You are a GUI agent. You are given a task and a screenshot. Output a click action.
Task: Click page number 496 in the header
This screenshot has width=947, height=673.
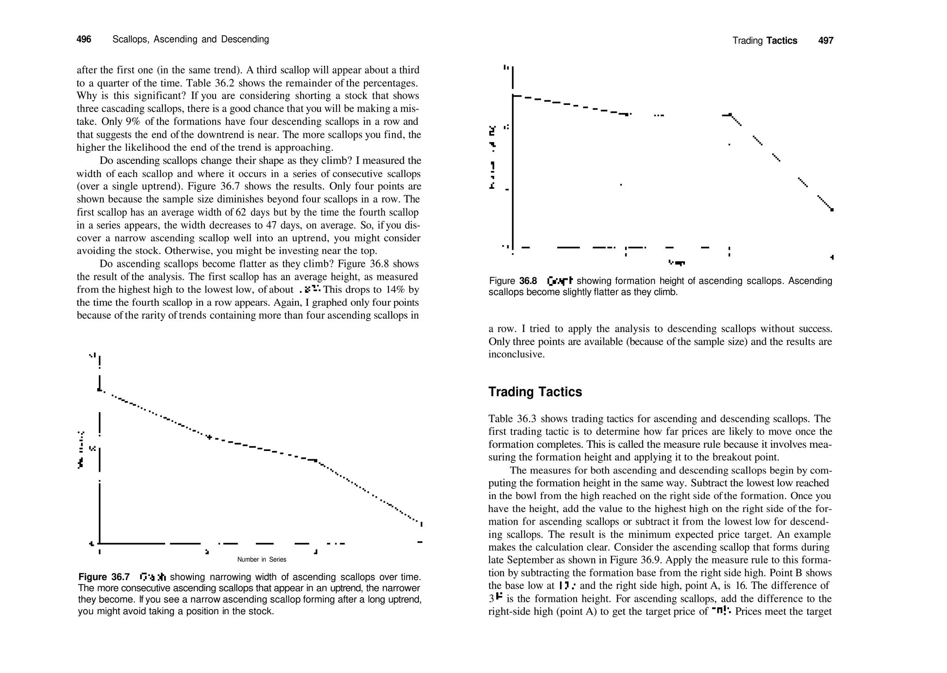coord(84,39)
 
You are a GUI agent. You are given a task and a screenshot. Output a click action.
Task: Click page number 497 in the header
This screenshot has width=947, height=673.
coord(825,41)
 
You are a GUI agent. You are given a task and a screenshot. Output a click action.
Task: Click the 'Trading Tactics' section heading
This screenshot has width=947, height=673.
coord(535,392)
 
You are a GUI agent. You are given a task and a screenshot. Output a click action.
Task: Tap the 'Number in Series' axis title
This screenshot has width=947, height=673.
coord(262,559)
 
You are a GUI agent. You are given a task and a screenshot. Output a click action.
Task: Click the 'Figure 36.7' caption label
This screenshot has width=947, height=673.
coord(104,577)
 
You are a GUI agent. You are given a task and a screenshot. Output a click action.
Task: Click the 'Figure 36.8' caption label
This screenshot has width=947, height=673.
coord(513,281)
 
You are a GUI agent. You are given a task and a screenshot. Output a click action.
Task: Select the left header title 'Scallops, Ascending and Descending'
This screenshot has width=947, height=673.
coord(191,39)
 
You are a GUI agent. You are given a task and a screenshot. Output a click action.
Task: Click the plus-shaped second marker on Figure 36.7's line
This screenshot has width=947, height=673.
coord(209,437)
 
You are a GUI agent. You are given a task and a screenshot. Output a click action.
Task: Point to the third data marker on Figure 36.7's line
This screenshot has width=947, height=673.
coord(315,460)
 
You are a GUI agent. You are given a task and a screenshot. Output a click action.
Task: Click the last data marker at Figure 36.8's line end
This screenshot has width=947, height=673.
coord(832,210)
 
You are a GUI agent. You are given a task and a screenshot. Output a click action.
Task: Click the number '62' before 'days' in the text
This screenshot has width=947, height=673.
coord(241,212)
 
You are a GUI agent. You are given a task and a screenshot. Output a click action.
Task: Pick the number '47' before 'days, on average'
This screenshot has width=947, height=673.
coord(273,225)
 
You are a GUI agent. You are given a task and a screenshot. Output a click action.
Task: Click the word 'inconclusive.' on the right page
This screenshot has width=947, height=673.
coord(516,354)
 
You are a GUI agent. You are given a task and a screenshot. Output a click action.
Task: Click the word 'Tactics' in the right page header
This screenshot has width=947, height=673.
coord(781,41)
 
